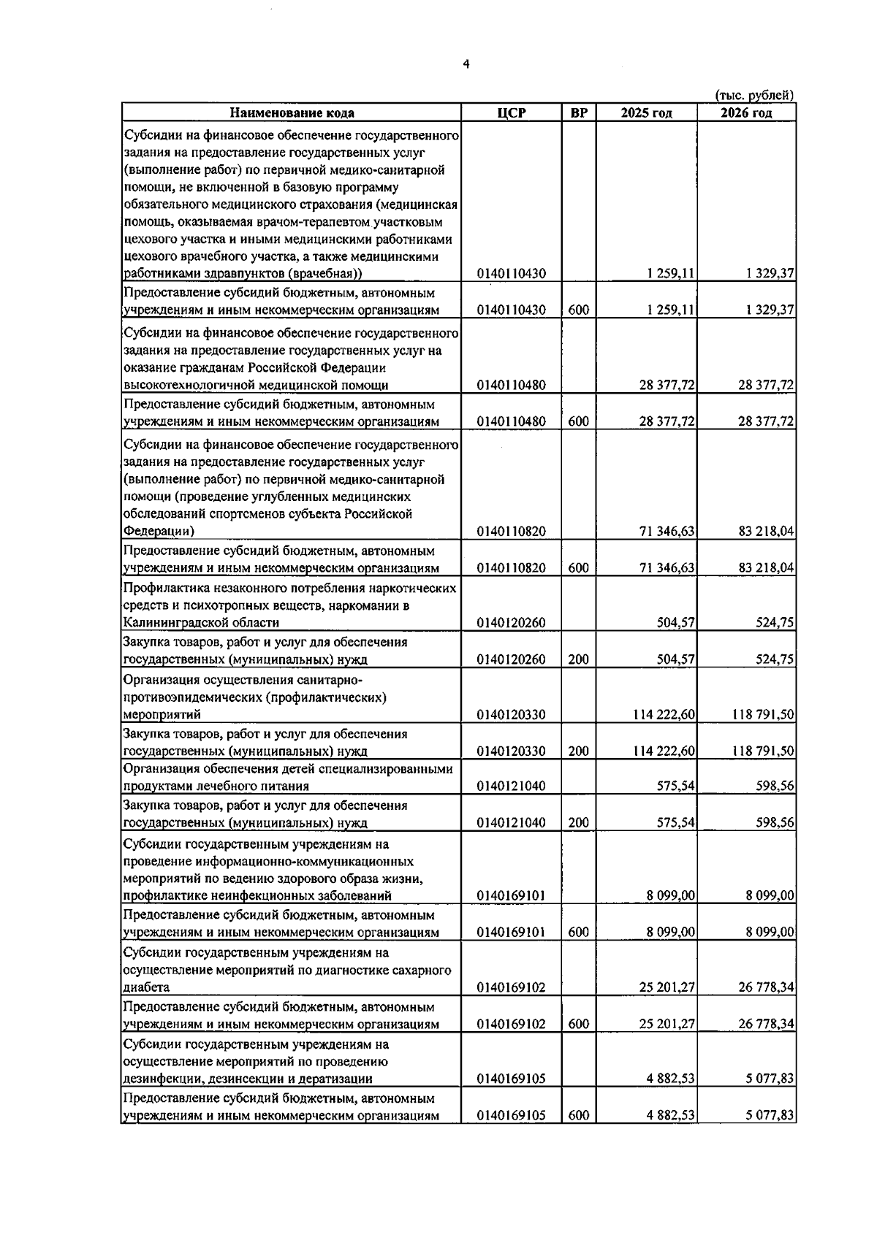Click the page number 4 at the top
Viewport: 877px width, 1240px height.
[466, 64]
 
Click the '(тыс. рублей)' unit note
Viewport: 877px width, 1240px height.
[754, 95]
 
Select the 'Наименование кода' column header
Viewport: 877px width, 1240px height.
[292, 113]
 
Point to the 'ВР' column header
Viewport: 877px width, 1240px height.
[578, 113]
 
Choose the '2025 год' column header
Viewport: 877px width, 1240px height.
[647, 113]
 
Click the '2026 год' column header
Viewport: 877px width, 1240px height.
[746, 113]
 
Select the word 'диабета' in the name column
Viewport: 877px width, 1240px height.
[146, 987]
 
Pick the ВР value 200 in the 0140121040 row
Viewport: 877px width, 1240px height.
[578, 823]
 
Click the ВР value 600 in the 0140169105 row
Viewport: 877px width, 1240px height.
[578, 1116]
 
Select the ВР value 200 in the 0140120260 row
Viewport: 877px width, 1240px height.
[578, 659]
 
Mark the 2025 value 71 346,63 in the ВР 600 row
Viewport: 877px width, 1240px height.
[667, 568]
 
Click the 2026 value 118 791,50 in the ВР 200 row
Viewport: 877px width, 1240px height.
[763, 751]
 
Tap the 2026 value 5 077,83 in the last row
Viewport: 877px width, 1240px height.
[770, 1116]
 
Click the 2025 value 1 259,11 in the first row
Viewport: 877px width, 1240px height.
[670, 274]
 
